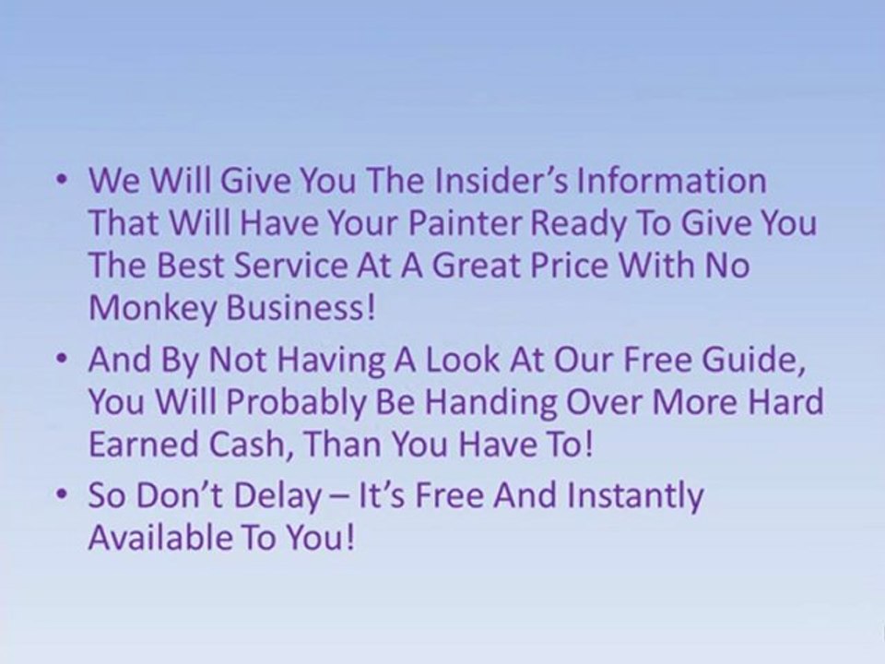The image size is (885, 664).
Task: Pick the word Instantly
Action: pos(633,496)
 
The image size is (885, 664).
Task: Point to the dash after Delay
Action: pos(352,499)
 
